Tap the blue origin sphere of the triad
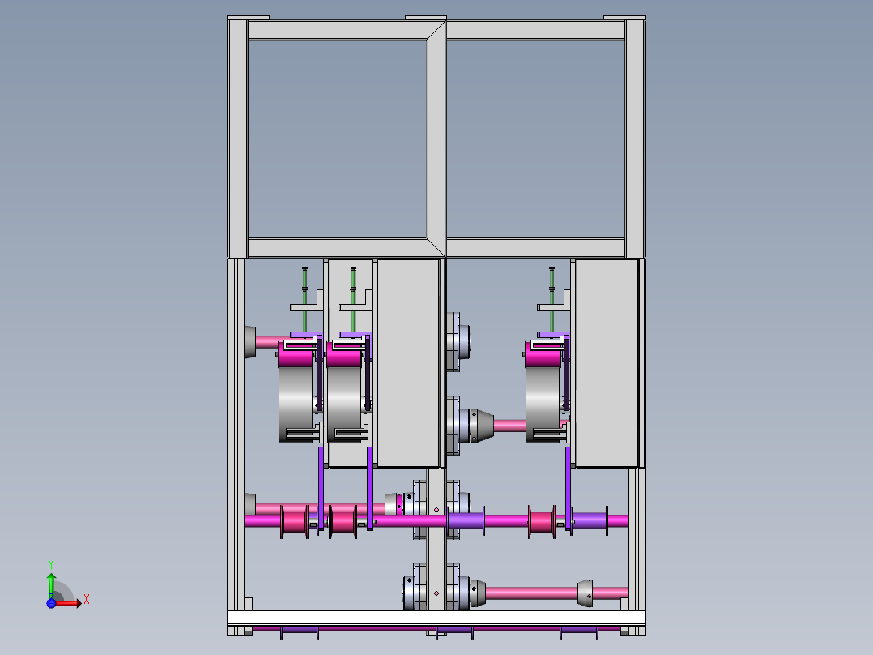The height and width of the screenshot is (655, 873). coord(51,603)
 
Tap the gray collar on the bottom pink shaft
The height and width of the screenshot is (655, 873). coord(585,593)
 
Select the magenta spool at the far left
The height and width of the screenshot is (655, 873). coord(295,520)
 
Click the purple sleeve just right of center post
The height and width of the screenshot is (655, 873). coord(465,520)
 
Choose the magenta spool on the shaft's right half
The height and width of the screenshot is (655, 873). coord(542,520)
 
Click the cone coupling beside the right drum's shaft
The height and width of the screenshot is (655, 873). coord(481,425)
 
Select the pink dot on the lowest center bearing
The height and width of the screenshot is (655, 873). coord(436,593)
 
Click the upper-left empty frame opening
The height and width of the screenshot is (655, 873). coord(337,138)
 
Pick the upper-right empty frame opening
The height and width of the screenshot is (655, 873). coord(535,138)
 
